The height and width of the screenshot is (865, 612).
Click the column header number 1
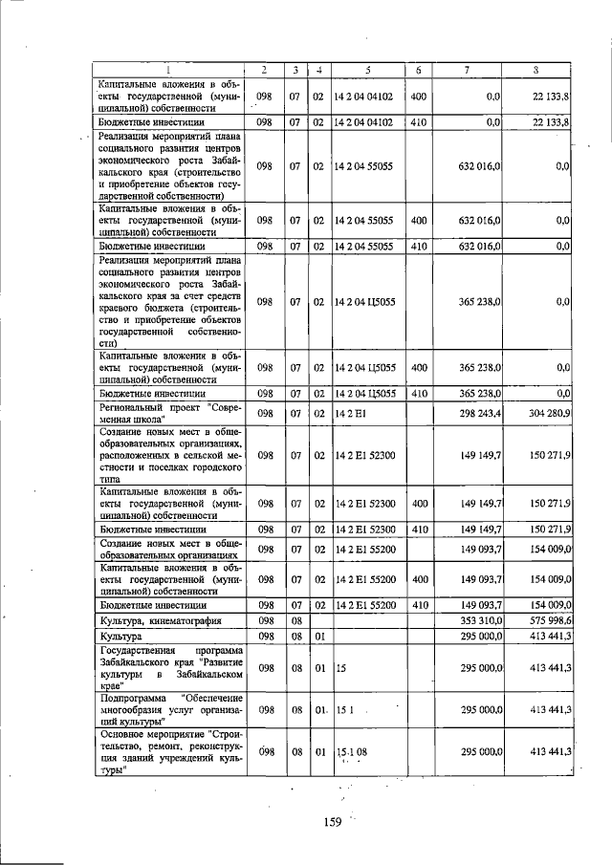pyautogui.click(x=169, y=70)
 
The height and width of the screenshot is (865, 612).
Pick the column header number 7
pyautogui.click(x=467, y=70)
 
